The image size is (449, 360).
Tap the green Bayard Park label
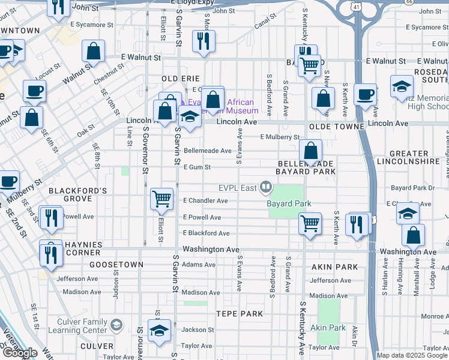click(289, 203)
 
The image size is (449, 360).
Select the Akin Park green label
click(328, 328)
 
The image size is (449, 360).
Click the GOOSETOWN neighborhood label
click(116, 264)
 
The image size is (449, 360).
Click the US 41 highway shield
click(357, 7)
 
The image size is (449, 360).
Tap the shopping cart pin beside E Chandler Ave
click(161, 199)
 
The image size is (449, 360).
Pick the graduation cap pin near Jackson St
click(159, 331)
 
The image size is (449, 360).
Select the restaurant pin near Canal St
click(203, 41)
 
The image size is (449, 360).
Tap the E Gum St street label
click(197, 167)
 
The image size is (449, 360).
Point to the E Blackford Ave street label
click(206, 233)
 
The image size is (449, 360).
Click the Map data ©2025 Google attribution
click(412, 355)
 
